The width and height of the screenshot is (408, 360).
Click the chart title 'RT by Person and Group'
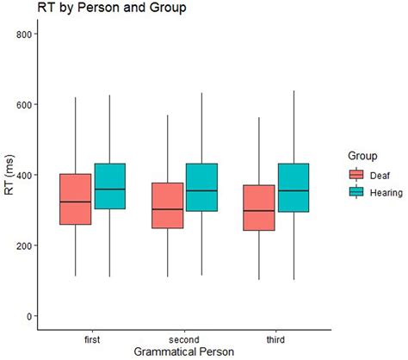(x=101, y=9)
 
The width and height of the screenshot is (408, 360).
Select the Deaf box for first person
(x=76, y=199)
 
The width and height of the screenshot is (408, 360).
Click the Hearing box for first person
(x=110, y=186)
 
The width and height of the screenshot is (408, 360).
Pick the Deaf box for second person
(x=168, y=206)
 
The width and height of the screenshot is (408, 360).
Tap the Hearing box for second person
(x=202, y=187)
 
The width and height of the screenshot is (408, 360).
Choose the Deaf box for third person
(x=260, y=208)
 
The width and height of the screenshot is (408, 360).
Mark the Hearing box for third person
(x=294, y=188)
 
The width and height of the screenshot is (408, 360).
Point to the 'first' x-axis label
(x=93, y=339)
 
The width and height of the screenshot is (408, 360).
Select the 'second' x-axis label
(x=185, y=339)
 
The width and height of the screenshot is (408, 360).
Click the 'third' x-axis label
(x=277, y=339)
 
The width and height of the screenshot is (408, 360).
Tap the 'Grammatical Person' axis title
(x=184, y=351)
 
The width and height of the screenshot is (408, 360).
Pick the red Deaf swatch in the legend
(x=355, y=175)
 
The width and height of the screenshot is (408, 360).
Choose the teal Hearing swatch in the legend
(x=355, y=194)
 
